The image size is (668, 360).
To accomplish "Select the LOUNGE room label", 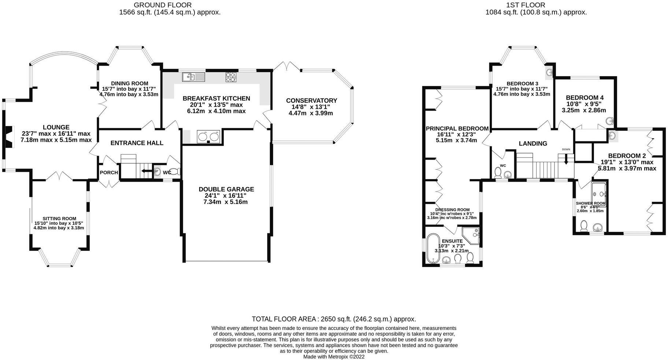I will (x=56, y=127).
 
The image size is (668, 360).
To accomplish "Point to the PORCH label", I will (x=109, y=172).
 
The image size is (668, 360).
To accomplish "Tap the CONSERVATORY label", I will (x=311, y=100).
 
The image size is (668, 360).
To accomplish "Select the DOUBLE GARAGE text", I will (x=226, y=189).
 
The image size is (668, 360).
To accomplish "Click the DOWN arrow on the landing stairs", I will (x=566, y=159).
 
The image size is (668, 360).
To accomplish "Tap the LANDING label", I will (x=533, y=144).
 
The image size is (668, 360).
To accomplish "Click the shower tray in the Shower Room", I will (x=599, y=194).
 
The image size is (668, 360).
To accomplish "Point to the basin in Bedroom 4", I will (x=609, y=120).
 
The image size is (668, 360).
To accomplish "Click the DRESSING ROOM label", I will (x=452, y=210).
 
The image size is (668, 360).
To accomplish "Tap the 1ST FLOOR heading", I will (x=536, y=5).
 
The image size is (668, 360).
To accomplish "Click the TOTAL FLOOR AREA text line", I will (x=334, y=319).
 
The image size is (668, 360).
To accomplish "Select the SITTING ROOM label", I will (x=59, y=219).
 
